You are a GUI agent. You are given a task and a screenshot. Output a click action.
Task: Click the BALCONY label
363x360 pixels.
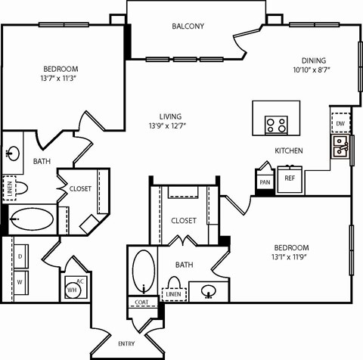188,26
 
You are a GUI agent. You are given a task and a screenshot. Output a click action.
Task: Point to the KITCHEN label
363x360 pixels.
288,151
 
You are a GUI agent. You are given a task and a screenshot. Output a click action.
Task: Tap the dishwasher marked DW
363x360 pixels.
340,123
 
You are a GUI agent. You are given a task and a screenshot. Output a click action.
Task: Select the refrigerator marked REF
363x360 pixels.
288,180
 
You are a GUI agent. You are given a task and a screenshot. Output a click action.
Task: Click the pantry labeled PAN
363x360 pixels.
265,182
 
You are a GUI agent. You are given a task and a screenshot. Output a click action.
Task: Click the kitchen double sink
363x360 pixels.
340,146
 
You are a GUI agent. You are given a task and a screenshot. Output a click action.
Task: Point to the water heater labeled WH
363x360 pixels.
73,290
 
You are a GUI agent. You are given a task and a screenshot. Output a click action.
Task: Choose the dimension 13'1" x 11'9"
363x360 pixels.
291,259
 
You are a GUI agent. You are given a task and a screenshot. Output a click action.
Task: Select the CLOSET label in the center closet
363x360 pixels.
184,221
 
